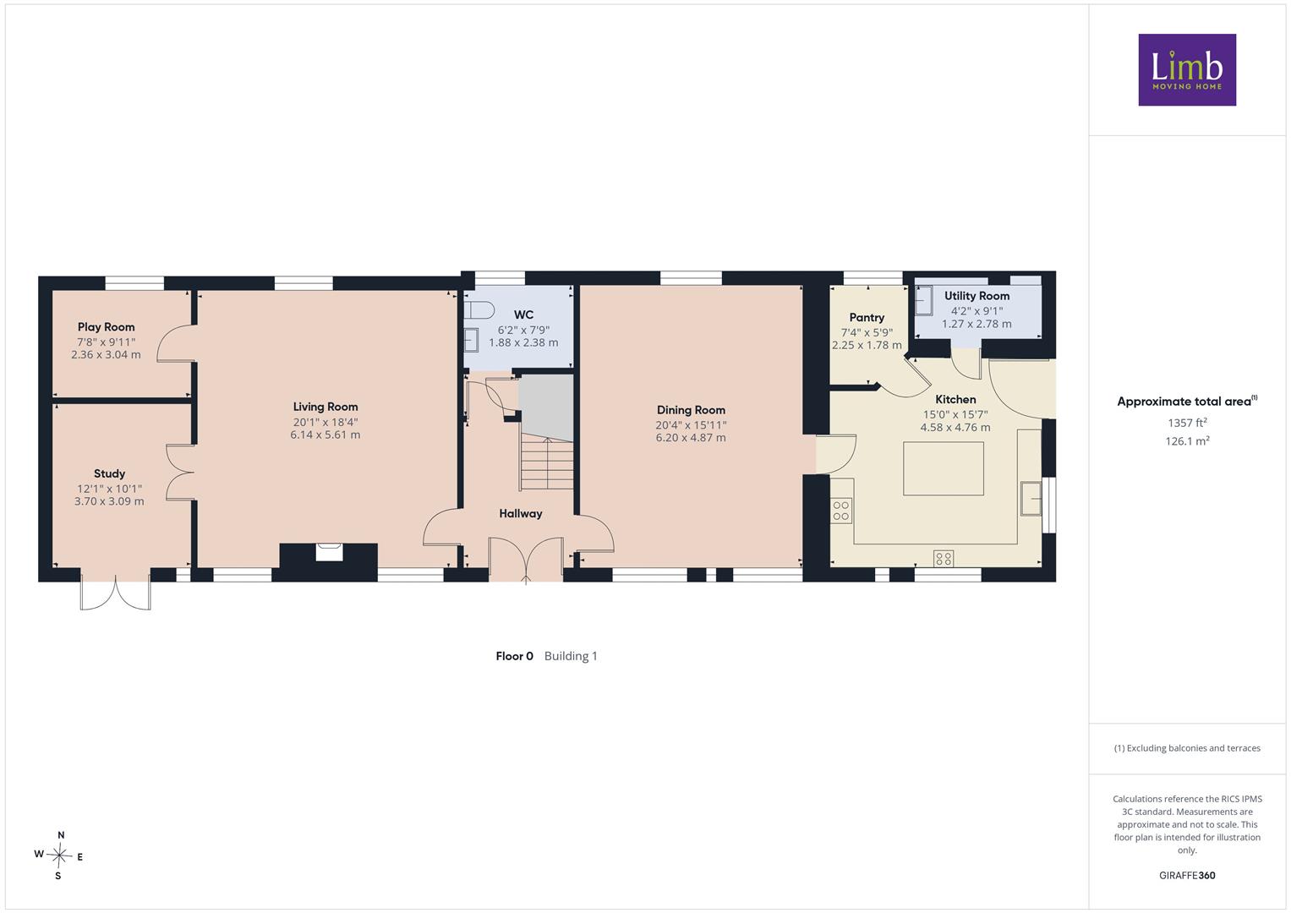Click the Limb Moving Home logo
pos(1187,69)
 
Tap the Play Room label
pos(106,327)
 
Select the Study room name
pos(110,473)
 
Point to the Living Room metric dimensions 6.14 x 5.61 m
pos(325,435)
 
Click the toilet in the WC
pos(479,311)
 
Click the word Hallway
pos(521,514)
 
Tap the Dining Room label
pos(691,410)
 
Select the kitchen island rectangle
pos(944,468)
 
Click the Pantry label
pos(867,318)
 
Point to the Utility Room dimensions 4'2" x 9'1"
pos(976,311)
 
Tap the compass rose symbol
pos(59,856)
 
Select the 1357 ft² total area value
pos(1187,423)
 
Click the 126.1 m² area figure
pos(1187,441)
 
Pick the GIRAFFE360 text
pos(1187,876)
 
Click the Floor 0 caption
pos(514,656)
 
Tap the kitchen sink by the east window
pos(1031,498)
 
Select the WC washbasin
pos(472,340)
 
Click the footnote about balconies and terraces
pos(1187,748)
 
